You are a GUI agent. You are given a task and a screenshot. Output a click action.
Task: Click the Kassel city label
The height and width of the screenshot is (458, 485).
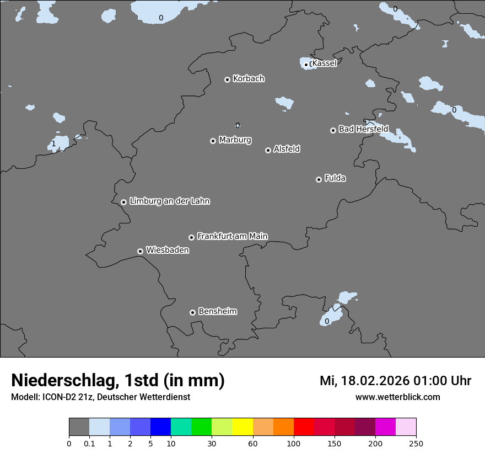tap(324, 63)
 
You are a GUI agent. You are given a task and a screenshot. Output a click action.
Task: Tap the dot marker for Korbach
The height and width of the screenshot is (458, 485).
tap(227, 79)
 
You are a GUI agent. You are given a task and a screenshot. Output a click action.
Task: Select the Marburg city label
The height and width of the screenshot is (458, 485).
tap(235, 140)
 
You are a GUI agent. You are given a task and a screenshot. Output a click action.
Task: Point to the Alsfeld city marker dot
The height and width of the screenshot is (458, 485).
tap(268, 150)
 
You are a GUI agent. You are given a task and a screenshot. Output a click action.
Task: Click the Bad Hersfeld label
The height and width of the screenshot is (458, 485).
tap(363, 129)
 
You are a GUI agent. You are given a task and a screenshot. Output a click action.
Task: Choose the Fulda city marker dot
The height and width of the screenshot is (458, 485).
tap(319, 179)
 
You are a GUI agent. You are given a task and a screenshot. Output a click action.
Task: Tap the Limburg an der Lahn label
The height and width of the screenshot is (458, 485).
tap(169, 201)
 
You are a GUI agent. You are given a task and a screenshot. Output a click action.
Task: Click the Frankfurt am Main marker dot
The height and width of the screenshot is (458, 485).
tap(191, 237)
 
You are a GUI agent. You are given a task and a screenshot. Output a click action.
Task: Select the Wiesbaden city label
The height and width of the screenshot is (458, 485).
tap(167, 251)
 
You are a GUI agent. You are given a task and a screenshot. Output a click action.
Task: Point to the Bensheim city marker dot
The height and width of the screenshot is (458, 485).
tap(192, 312)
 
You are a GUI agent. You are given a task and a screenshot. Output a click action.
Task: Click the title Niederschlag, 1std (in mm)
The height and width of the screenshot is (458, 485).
tap(118, 381)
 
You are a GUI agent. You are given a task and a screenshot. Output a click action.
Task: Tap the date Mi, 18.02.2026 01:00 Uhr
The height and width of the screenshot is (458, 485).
tap(395, 381)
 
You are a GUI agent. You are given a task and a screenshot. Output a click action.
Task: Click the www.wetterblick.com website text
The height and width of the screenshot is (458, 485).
tap(397, 397)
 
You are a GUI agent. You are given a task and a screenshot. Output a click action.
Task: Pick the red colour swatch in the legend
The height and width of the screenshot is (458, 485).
tap(304, 427)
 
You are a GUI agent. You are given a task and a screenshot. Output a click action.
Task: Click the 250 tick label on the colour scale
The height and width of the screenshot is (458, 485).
tap(416, 443)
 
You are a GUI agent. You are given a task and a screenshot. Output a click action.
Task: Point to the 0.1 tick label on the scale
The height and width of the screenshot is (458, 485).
tap(89, 443)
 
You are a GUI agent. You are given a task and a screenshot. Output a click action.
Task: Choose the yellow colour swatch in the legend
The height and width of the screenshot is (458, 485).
tap(242, 427)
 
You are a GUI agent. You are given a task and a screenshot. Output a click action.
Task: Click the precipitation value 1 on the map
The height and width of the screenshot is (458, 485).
tap(53, 144)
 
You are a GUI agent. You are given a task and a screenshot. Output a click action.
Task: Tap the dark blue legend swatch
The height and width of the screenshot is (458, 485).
tap(160, 427)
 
